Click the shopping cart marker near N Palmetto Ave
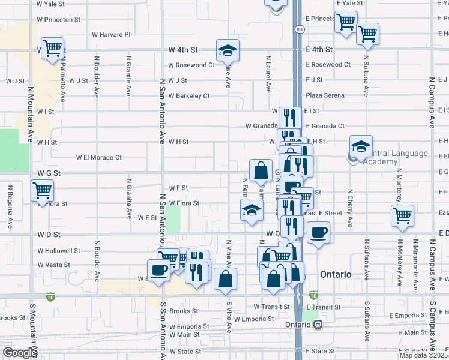click(x=53, y=48)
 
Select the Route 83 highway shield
click(x=299, y=29)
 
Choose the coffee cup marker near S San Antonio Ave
click(x=158, y=270)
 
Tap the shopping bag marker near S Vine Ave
click(x=225, y=279)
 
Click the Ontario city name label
click(x=336, y=274)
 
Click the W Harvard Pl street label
click(x=111, y=35)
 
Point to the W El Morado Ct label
click(x=98, y=157)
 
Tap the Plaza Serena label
click(x=325, y=95)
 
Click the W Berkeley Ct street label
click(x=189, y=95)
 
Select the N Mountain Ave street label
click(x=30, y=114)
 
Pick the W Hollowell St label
click(x=59, y=250)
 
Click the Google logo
click(x=20, y=353)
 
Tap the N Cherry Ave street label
click(x=350, y=208)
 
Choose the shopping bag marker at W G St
click(x=261, y=171)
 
